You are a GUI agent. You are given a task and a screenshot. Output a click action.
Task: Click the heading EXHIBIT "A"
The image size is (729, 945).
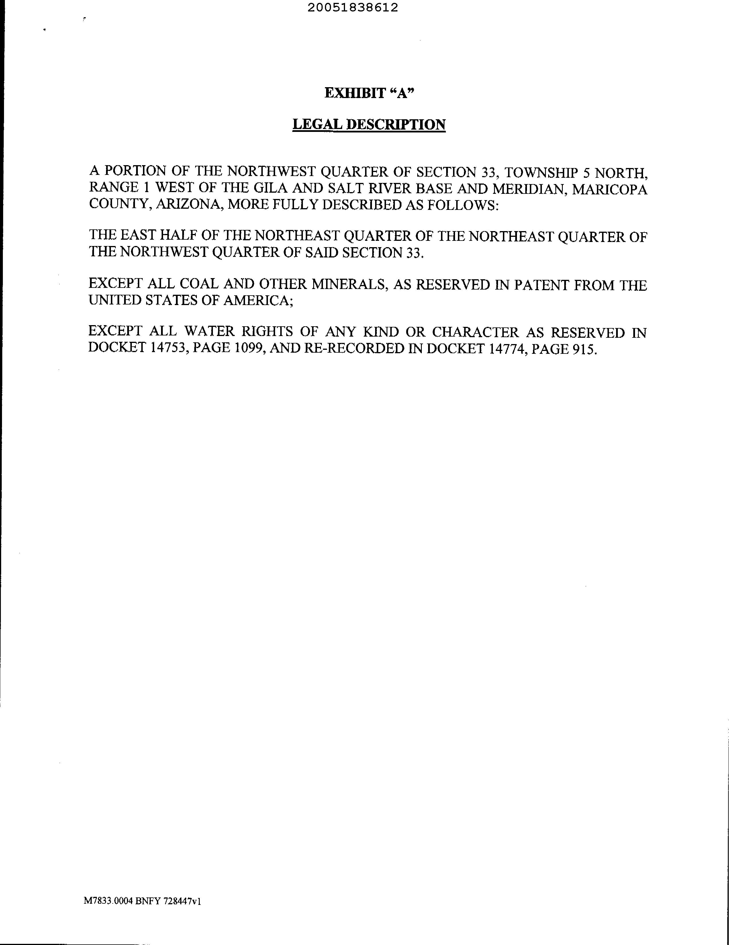coord(369,93)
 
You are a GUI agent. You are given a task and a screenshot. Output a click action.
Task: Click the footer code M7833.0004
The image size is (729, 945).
coord(108,901)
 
